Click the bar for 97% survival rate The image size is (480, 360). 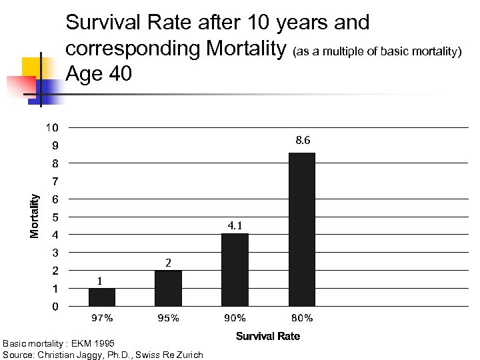click(x=101, y=297)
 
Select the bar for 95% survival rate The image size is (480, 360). click(x=168, y=288)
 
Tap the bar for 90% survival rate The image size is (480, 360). click(x=235, y=269)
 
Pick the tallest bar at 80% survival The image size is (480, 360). click(x=301, y=229)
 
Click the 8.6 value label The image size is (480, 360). click(x=302, y=141)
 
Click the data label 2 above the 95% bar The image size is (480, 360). click(x=168, y=262)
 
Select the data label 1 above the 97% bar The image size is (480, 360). click(x=99, y=281)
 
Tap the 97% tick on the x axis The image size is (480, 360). click(x=102, y=318)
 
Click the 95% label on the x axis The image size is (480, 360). click(x=168, y=318)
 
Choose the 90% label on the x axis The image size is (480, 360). click(x=235, y=318)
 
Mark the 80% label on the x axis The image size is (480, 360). click(x=302, y=318)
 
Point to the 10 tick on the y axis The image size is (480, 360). click(x=52, y=127)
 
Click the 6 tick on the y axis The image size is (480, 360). click(x=55, y=199)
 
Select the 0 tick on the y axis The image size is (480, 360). click(x=55, y=307)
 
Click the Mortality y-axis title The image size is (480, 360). click(x=35, y=215)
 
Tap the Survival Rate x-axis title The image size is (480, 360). click(x=268, y=336)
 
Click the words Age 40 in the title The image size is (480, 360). click(x=99, y=74)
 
